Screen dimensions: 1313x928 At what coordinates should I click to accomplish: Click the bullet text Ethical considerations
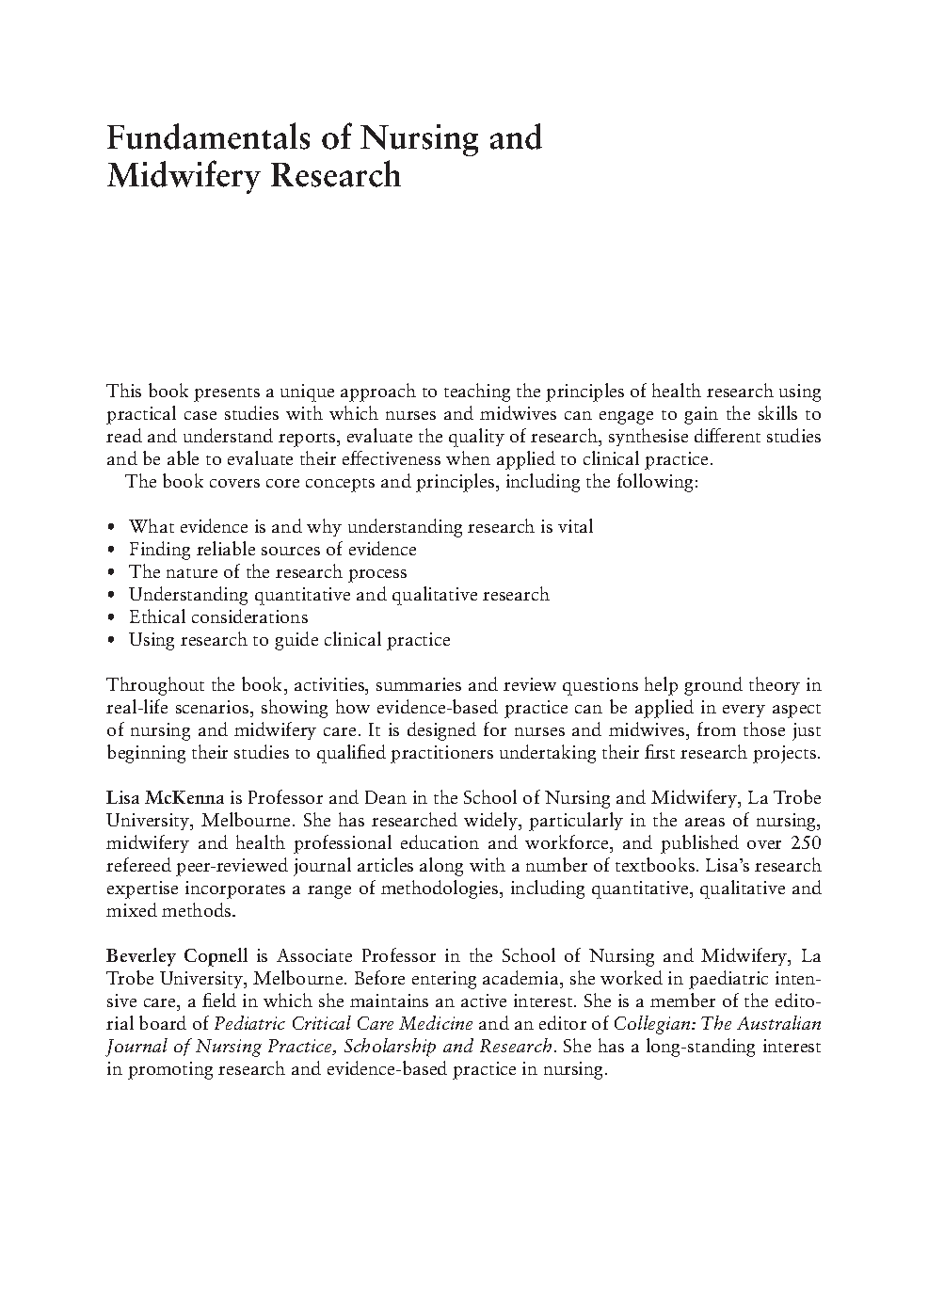[218, 617]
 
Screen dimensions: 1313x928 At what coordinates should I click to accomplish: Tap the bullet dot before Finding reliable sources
[112, 551]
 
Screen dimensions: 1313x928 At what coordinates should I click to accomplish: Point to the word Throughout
[151, 685]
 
